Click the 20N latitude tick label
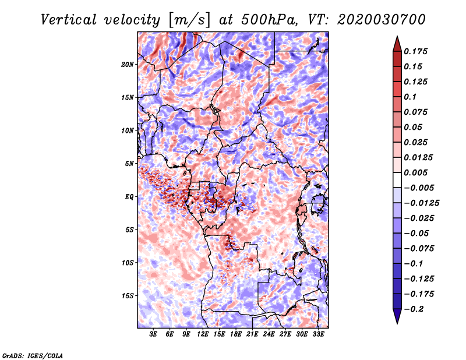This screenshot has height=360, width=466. [x=128, y=65]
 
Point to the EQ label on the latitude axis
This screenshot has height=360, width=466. [x=129, y=197]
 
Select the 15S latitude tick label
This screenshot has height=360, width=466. [x=128, y=296]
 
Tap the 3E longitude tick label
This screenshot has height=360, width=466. [x=153, y=334]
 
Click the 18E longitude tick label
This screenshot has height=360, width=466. [x=236, y=334]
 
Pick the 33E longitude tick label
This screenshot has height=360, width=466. [x=318, y=334]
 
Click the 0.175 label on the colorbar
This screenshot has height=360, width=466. [x=415, y=51]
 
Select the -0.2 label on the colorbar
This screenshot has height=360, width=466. [x=414, y=309]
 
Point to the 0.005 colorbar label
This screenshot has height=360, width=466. [x=415, y=172]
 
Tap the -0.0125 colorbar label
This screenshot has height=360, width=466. [x=421, y=203]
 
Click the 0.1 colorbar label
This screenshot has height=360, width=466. [x=410, y=97]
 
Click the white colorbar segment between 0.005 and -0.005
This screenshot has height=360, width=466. [x=397, y=180]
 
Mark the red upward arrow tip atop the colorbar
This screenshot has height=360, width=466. [x=397, y=36]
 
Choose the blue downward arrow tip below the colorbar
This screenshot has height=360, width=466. [x=397, y=323]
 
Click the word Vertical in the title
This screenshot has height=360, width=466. [x=68, y=20]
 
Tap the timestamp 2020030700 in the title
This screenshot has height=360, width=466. [x=382, y=20]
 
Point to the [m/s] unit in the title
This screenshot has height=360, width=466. [x=189, y=20]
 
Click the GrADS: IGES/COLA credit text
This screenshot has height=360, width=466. [x=33, y=356]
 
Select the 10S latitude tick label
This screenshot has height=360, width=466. [x=128, y=263]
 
